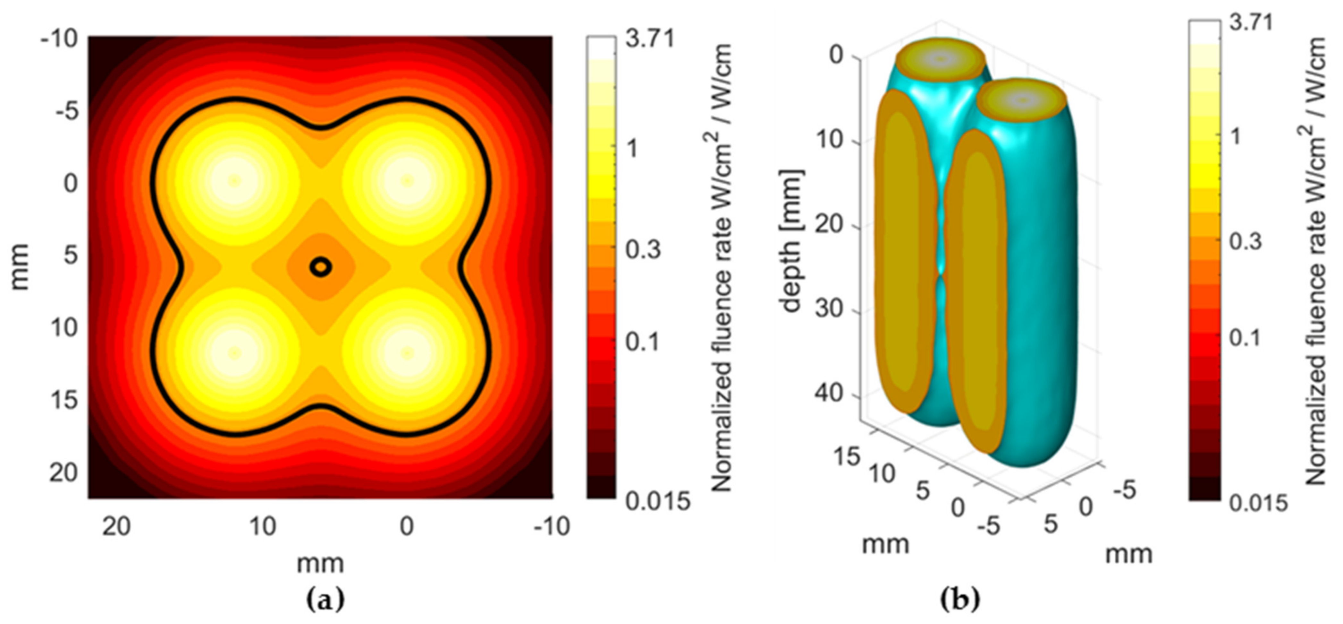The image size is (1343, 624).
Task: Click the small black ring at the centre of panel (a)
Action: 321,267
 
